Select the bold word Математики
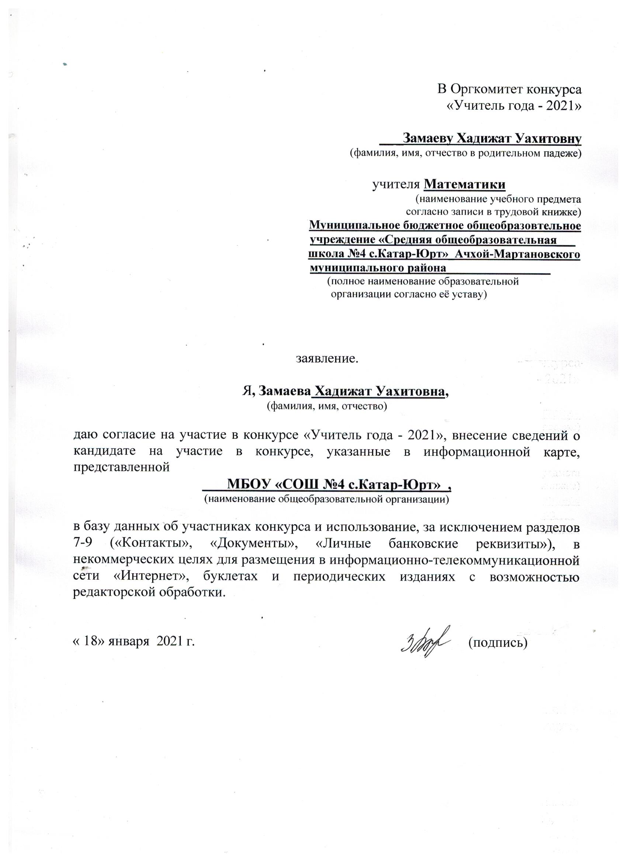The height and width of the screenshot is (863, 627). click(464, 185)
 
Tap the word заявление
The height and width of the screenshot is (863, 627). click(327, 359)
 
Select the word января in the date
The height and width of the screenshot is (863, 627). click(128, 643)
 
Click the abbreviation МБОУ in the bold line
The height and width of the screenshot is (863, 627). click(248, 485)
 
